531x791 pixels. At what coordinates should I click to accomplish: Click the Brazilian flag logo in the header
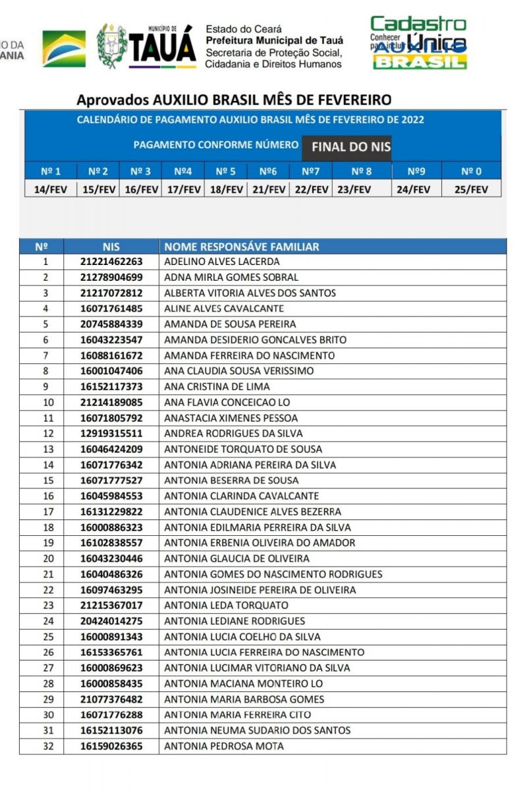pyautogui.click(x=64, y=48)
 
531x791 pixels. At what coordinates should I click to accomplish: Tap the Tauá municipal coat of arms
pyautogui.click(x=112, y=45)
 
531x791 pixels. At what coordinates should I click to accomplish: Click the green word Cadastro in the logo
pyautogui.click(x=418, y=25)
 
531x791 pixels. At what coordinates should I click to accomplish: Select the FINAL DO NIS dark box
pyautogui.click(x=350, y=147)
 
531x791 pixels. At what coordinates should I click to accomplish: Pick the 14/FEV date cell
pyautogui.click(x=51, y=189)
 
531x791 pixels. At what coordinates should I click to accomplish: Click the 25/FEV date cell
pyautogui.click(x=471, y=189)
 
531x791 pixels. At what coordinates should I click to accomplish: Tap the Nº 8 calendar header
pyautogui.click(x=361, y=171)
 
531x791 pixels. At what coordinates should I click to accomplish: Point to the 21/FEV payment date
pyautogui.click(x=267, y=189)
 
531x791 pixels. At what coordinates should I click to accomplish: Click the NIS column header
pyautogui.click(x=111, y=247)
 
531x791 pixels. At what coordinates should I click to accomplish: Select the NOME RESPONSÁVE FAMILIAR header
pyautogui.click(x=241, y=247)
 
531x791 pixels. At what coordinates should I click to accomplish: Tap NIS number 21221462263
pyautogui.click(x=111, y=262)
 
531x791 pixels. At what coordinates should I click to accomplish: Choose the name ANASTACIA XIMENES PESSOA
pyautogui.click(x=231, y=418)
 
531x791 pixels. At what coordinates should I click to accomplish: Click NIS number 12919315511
pyautogui.click(x=111, y=434)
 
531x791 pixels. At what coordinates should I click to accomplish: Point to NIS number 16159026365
pyautogui.click(x=111, y=746)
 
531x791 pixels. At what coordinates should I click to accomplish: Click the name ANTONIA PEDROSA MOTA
pyautogui.click(x=223, y=746)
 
